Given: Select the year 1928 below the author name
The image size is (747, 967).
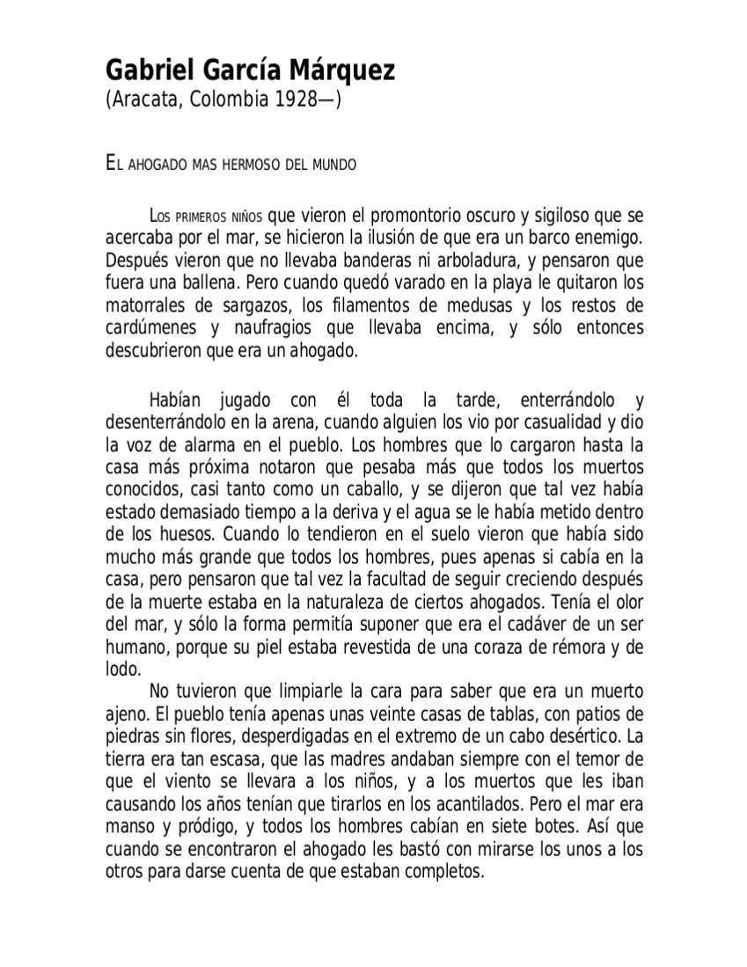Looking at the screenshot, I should (x=296, y=99).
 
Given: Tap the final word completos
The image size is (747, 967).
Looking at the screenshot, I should (x=445, y=871).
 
